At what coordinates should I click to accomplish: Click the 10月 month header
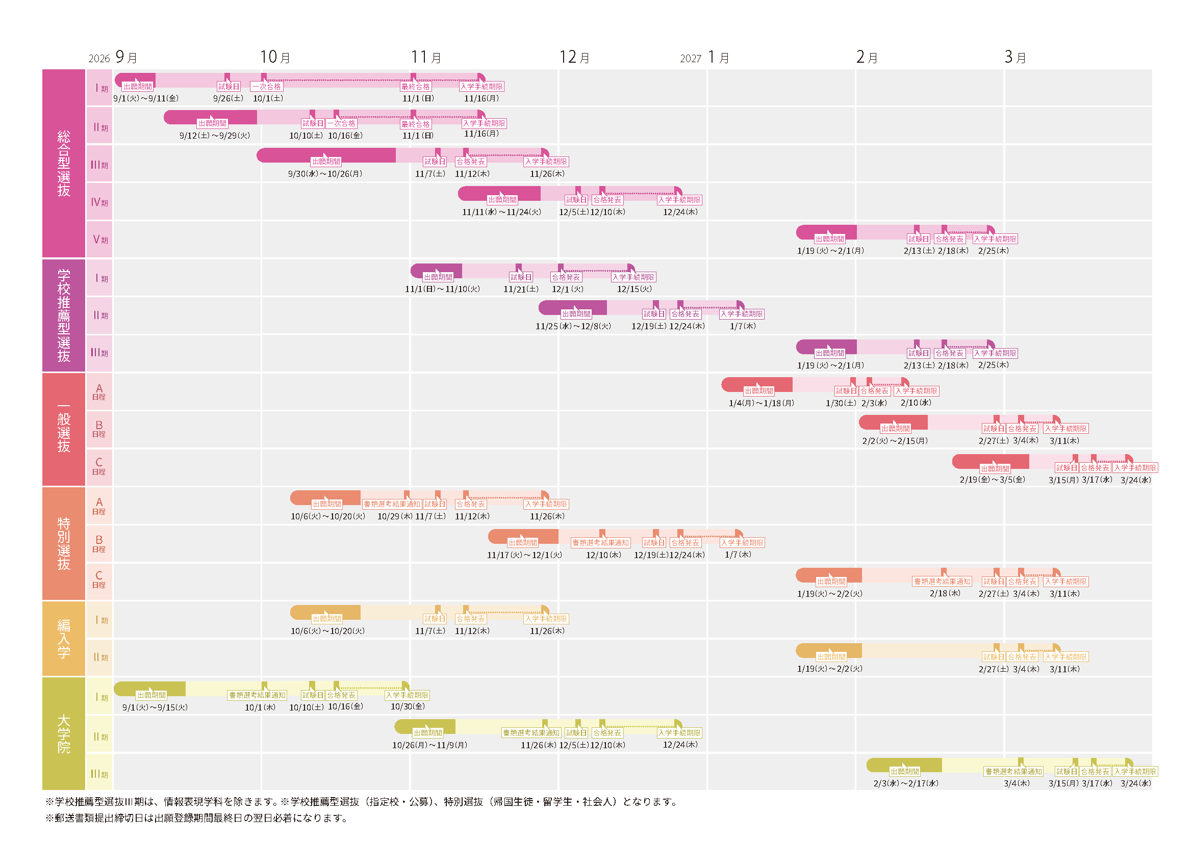pyautogui.click(x=275, y=57)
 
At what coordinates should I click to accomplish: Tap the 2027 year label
pyautogui.click(x=691, y=59)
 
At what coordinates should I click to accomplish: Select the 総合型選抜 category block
pyautogui.click(x=63, y=163)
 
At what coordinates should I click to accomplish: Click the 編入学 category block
pyautogui.click(x=63, y=639)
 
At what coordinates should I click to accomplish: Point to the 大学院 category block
pyautogui.click(x=63, y=733)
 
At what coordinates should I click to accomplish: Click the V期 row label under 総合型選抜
pyautogui.click(x=100, y=240)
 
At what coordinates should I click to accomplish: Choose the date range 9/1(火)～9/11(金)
pyautogui.click(x=146, y=98)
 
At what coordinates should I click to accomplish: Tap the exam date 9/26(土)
pyautogui.click(x=228, y=98)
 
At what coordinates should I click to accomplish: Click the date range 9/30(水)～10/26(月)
pyautogui.click(x=325, y=174)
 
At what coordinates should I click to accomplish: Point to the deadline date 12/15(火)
pyautogui.click(x=634, y=289)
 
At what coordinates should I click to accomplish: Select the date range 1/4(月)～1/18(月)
pyautogui.click(x=761, y=403)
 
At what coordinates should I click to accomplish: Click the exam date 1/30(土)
pyautogui.click(x=841, y=403)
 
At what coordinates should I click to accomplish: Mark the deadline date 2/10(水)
pyautogui.click(x=916, y=403)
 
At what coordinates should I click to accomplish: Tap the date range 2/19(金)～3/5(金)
pyautogui.click(x=992, y=480)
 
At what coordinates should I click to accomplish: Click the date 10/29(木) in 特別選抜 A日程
pyautogui.click(x=394, y=516)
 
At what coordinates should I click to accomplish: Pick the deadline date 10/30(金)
pyautogui.click(x=408, y=706)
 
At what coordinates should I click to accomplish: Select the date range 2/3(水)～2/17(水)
pyautogui.click(x=906, y=783)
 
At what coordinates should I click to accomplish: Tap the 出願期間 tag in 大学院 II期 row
pyautogui.click(x=427, y=733)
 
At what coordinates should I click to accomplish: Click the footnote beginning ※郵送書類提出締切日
pyautogui.click(x=196, y=818)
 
